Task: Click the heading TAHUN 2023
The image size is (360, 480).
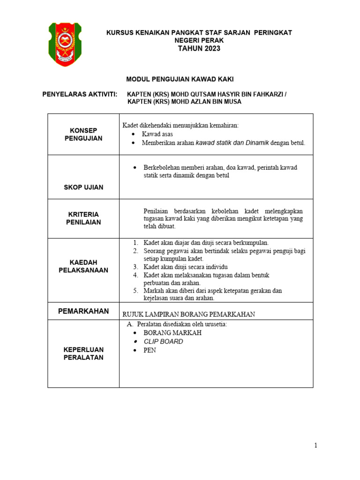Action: (x=199, y=48)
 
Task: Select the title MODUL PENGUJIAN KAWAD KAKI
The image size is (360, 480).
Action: (x=180, y=80)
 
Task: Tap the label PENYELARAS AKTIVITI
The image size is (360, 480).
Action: (x=80, y=94)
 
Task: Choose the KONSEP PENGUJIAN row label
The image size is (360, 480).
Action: (x=83, y=134)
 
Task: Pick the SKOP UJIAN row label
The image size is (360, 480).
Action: (x=83, y=187)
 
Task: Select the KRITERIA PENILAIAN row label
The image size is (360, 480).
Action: (x=83, y=218)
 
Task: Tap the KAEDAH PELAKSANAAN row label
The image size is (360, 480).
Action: (x=83, y=266)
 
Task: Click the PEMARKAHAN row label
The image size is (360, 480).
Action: (x=83, y=311)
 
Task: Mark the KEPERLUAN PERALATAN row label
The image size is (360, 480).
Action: (x=83, y=353)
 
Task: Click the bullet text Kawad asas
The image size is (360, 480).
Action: (x=157, y=134)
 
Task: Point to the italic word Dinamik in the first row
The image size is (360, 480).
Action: (x=257, y=142)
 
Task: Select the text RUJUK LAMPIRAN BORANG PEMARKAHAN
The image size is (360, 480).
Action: (x=188, y=315)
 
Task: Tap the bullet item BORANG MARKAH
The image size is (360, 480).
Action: (x=172, y=333)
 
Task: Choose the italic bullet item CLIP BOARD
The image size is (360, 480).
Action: (x=163, y=341)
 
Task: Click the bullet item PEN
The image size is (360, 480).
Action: (x=150, y=350)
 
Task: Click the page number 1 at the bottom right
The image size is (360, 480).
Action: (x=316, y=446)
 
